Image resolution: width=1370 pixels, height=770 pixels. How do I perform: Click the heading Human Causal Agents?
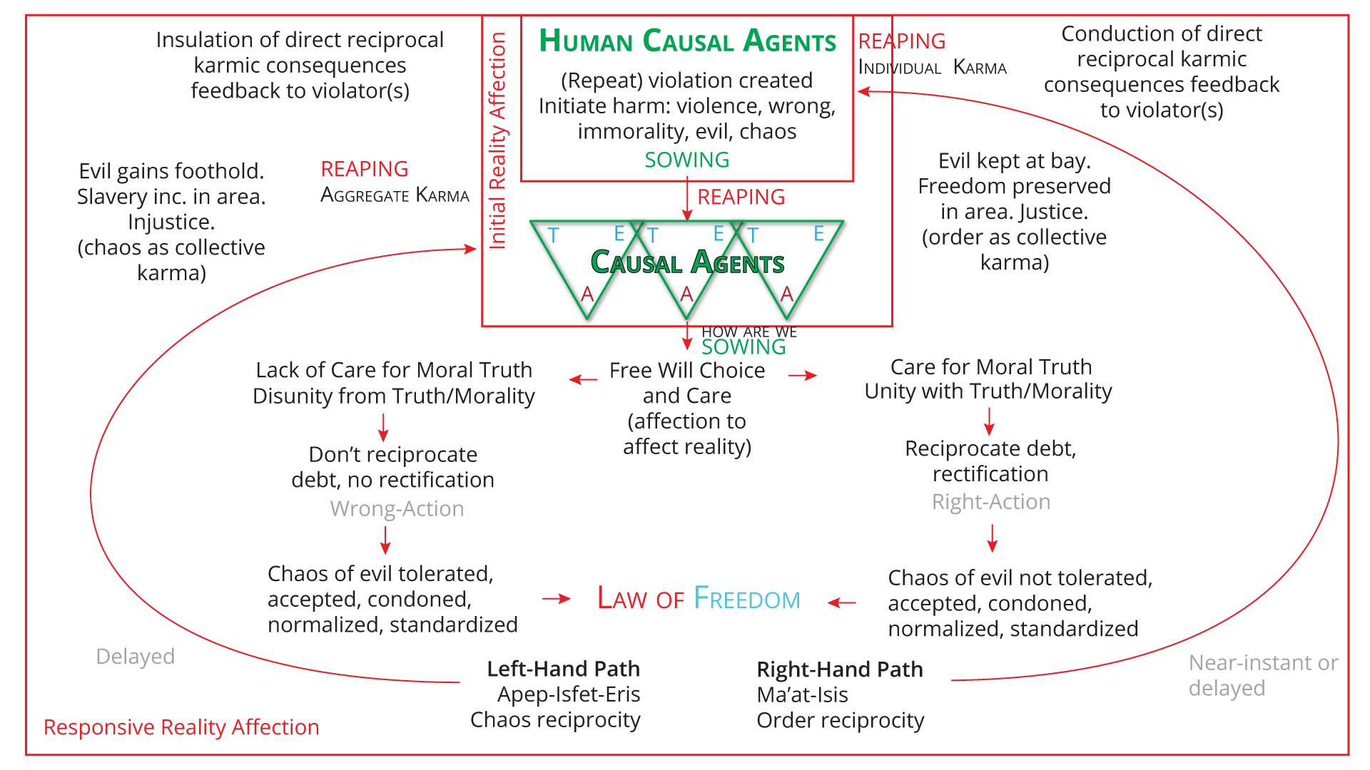click(687, 41)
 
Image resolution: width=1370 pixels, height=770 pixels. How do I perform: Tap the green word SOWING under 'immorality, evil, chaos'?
click(686, 160)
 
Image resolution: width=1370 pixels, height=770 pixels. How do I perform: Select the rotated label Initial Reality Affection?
click(497, 140)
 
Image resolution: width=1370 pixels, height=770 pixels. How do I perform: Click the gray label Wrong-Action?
click(397, 508)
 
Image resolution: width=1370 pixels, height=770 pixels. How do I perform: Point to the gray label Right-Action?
click(990, 502)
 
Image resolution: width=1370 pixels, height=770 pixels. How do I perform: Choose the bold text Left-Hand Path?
click(563, 669)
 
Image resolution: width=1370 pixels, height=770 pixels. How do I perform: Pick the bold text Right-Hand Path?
click(840, 669)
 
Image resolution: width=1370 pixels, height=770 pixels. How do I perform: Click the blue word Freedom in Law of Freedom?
click(746, 599)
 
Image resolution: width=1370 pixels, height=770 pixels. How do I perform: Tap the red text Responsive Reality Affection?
click(181, 727)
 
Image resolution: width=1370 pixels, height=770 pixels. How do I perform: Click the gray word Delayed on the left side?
click(135, 656)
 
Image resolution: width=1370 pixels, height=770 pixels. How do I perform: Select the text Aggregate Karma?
click(395, 195)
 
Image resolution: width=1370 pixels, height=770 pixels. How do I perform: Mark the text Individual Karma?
click(932, 68)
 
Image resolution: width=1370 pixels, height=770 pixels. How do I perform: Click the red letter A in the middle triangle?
click(686, 294)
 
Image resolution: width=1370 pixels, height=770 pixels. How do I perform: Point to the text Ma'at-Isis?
click(802, 694)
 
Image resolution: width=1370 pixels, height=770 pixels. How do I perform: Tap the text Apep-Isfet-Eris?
click(568, 694)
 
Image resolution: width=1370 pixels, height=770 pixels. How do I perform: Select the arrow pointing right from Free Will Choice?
click(803, 375)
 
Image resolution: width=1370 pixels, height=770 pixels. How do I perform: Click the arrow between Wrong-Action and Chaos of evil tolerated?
click(385, 540)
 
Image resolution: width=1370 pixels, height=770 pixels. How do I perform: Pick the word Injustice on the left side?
click(171, 222)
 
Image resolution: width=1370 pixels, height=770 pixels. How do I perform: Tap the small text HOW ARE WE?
click(749, 332)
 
